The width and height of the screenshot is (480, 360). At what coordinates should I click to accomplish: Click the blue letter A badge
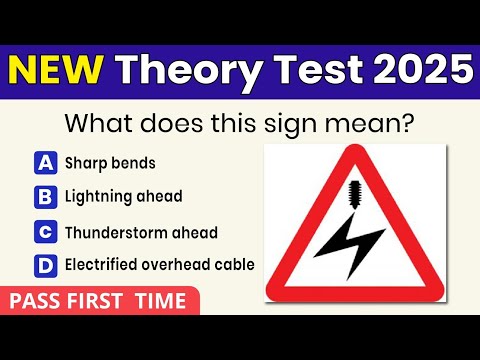pyautogui.click(x=45, y=162)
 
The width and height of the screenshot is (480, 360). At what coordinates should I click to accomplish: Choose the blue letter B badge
pyautogui.click(x=45, y=197)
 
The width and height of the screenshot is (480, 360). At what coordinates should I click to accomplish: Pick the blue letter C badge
pyautogui.click(x=45, y=232)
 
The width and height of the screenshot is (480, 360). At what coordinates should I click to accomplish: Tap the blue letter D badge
pyautogui.click(x=45, y=265)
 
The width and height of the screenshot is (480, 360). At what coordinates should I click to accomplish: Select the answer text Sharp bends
pyautogui.click(x=110, y=163)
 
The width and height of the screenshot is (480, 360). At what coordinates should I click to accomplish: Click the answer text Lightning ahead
pyautogui.click(x=123, y=197)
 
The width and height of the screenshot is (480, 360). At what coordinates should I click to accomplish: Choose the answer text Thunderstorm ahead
pyautogui.click(x=141, y=232)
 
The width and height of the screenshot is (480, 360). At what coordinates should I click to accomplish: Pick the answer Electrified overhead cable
pyautogui.click(x=159, y=265)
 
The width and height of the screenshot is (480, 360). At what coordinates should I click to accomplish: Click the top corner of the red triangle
pyautogui.click(x=355, y=150)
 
